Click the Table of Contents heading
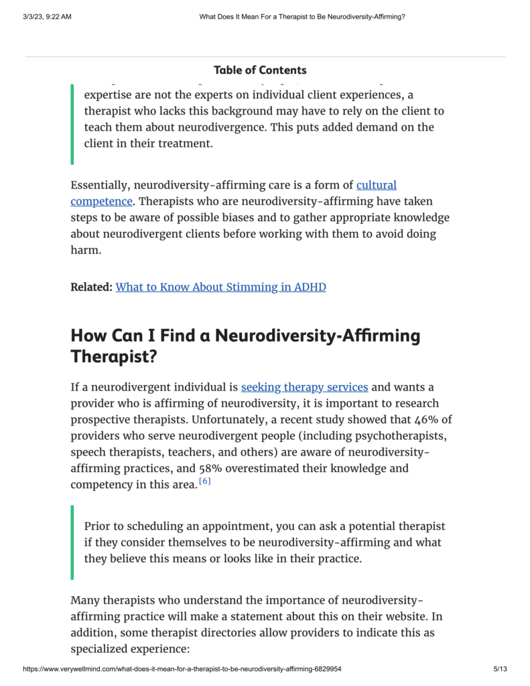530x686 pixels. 260,70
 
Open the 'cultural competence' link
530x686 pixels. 376,185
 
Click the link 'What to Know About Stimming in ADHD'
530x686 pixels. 220,287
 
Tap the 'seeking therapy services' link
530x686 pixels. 304,387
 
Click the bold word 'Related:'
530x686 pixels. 91,287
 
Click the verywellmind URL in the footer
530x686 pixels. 182,669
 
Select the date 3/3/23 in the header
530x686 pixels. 32,17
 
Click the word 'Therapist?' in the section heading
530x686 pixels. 114,357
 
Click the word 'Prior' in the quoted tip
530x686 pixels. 98,527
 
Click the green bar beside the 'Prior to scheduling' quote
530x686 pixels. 72,543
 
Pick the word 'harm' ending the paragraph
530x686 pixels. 85,251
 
